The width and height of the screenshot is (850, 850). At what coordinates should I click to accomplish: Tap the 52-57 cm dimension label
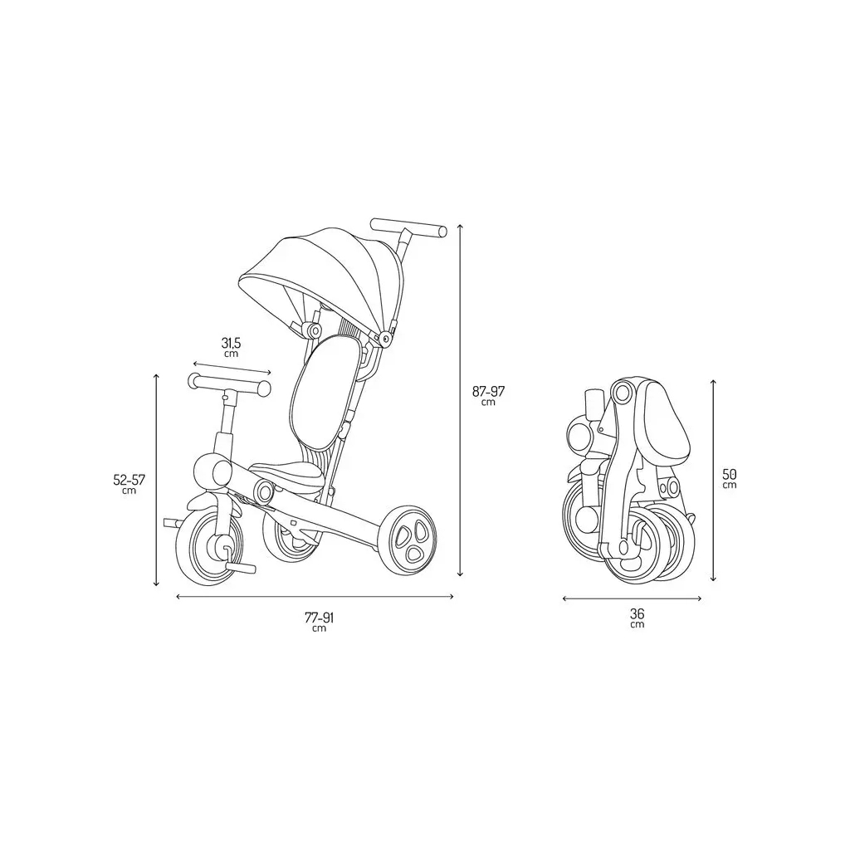(129, 484)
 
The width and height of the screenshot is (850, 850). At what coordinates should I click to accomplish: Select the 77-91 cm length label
(320, 621)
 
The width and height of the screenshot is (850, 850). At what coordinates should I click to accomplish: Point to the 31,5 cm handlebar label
(231, 347)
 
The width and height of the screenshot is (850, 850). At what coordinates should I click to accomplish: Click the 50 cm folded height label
(730, 477)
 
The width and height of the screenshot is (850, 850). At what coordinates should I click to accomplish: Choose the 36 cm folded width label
(637, 618)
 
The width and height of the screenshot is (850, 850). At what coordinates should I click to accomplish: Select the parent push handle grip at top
(408, 227)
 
